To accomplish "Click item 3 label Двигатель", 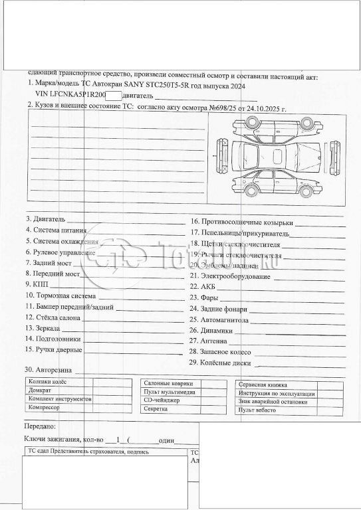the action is click(49, 218).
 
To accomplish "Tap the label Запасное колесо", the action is click(223, 351).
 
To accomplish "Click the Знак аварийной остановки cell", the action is click(274, 402).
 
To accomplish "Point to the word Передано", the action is click(40, 426).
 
